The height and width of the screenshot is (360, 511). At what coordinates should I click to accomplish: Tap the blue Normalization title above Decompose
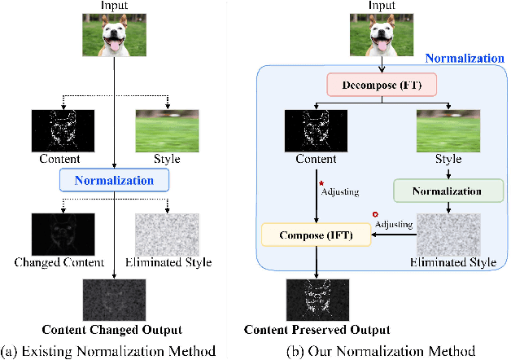click(465, 59)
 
